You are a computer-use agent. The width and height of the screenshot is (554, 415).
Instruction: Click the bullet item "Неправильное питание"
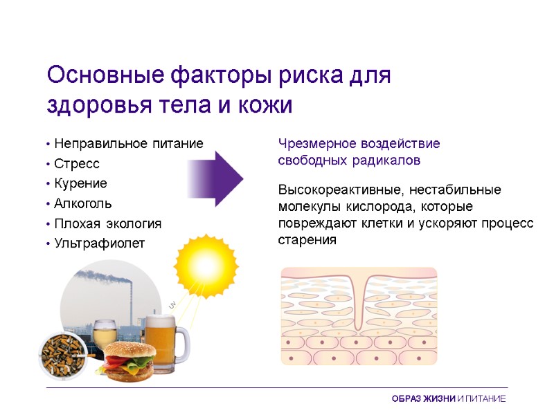click(x=128, y=144)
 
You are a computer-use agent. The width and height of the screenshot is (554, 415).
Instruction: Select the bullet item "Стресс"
click(x=77, y=164)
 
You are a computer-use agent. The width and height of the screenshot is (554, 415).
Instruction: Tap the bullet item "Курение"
click(x=81, y=184)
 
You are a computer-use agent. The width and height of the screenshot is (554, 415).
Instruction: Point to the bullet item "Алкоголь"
click(x=82, y=204)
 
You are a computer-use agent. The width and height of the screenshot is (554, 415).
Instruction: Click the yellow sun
click(x=206, y=264)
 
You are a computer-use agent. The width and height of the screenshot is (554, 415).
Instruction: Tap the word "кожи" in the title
click(x=265, y=107)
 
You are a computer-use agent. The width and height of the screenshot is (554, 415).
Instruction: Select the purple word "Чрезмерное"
click(x=316, y=144)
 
